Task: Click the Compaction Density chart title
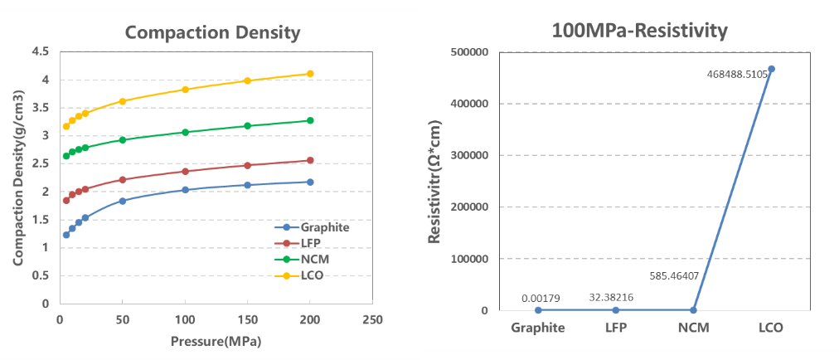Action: [x=212, y=33]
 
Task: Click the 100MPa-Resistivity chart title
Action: [x=639, y=32]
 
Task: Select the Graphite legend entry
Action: [x=323, y=227]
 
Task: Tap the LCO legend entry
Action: [x=311, y=275]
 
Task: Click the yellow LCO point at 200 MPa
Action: [x=310, y=74]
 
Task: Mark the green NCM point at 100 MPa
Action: [x=185, y=133]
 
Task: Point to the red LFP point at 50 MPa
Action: [x=122, y=180]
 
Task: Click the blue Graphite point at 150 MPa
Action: [x=247, y=185]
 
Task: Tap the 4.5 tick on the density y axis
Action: [x=40, y=51]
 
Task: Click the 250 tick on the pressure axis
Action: [x=372, y=319]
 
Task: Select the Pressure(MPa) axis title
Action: [x=211, y=341]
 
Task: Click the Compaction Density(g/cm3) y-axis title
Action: [x=17, y=177]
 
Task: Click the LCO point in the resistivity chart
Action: [x=771, y=69]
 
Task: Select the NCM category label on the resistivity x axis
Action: [x=693, y=328]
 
